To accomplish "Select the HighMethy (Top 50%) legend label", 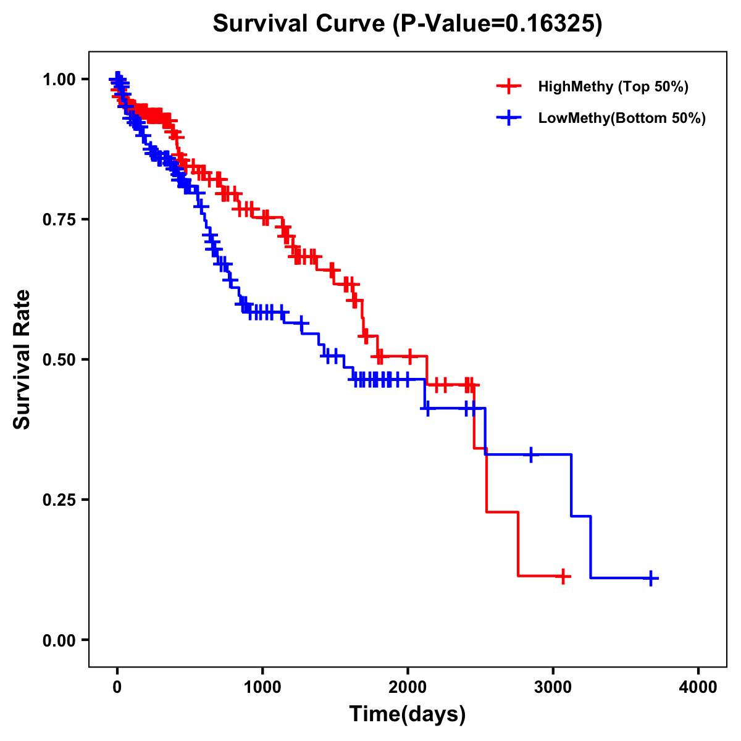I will coord(613,86).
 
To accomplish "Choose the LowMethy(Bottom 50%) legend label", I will coord(621,118).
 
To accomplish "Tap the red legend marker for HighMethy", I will coord(509,86).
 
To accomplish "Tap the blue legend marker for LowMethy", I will coord(509,118).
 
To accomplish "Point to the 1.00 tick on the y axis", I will coord(59,79).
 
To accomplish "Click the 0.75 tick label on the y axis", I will coord(59,219).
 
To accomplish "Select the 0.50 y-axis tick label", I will coord(59,359).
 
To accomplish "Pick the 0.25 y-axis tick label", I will coord(59,500).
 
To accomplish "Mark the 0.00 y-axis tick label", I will coord(59,640).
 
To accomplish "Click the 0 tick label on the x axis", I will coord(117,688).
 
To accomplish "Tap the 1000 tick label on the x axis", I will coord(262,688).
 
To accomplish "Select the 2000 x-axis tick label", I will coord(408,688).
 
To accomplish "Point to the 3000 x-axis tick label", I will coord(553,688).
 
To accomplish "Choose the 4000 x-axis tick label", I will coord(698,688).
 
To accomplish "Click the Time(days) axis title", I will coord(408,714).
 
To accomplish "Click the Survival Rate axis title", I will coord(22,359).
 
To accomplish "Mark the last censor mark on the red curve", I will coord(563,576).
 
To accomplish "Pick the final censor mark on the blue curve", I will coord(651,578).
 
